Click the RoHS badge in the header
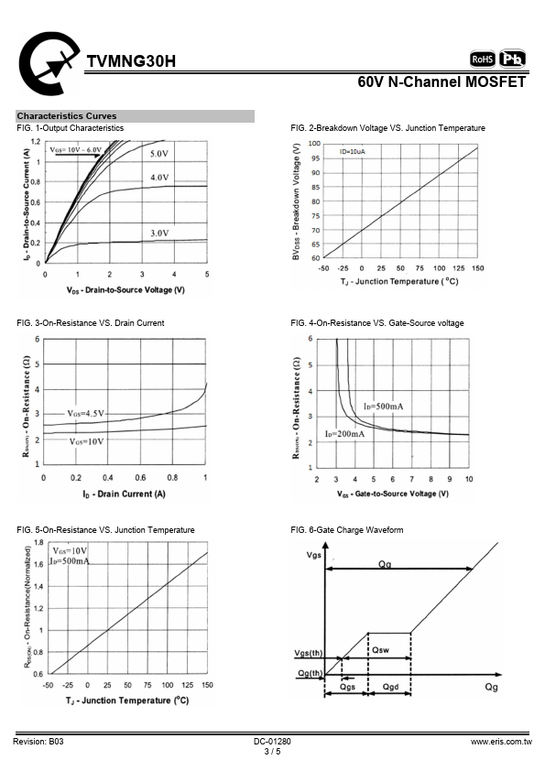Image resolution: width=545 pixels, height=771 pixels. pyautogui.click(x=483, y=59)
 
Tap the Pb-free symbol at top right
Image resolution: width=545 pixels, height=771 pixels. pyautogui.click(x=513, y=59)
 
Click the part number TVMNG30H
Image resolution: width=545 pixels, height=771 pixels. pyautogui.click(x=131, y=61)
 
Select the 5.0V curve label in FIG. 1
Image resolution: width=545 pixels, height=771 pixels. pyautogui.click(x=158, y=154)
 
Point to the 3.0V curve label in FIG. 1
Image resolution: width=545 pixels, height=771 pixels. pyautogui.click(x=159, y=233)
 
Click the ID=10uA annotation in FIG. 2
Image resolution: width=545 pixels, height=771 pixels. pyautogui.click(x=352, y=151)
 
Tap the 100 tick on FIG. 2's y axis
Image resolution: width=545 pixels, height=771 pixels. pyautogui.click(x=314, y=144)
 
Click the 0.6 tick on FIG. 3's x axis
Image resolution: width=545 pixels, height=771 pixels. pyautogui.click(x=140, y=477)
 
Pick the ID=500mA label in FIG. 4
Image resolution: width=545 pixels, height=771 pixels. pyautogui.click(x=383, y=407)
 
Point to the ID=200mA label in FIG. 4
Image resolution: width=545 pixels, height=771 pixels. pyautogui.click(x=344, y=434)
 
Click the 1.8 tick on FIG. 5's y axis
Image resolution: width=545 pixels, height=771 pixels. pyautogui.click(x=38, y=542)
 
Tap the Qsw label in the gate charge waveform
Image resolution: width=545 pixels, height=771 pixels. pyautogui.click(x=380, y=650)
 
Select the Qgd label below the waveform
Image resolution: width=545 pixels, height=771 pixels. pyautogui.click(x=390, y=687)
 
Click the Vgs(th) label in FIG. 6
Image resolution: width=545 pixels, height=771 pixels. pyautogui.click(x=309, y=653)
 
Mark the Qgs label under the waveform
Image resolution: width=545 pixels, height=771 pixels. pyautogui.click(x=347, y=687)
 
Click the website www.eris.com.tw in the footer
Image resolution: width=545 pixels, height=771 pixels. pyautogui.click(x=501, y=742)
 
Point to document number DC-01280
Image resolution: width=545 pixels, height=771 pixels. pyautogui.click(x=272, y=742)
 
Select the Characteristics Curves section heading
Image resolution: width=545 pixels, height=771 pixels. pyautogui.click(x=67, y=116)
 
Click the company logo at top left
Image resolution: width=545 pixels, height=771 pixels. pyautogui.click(x=49, y=63)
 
